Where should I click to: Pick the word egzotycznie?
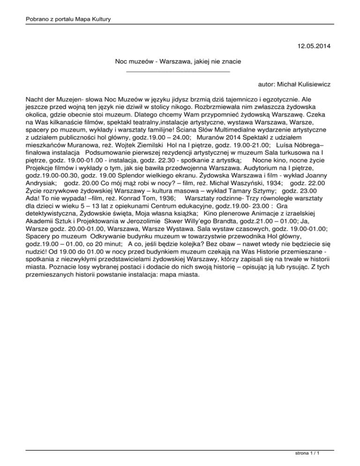click(292, 100)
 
